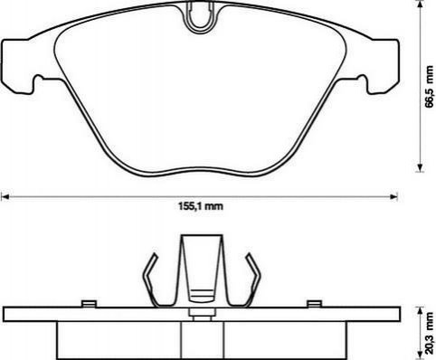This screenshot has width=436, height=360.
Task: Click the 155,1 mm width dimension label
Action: [x=201, y=206]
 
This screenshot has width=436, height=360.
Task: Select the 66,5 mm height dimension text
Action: [x=430, y=86]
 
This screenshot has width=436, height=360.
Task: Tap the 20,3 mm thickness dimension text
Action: [x=430, y=333]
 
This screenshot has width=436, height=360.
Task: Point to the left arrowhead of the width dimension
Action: [x=5, y=197]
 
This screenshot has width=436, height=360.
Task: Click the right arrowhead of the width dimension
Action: [x=393, y=197]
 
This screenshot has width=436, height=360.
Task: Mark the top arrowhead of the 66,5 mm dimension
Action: [x=420, y=5]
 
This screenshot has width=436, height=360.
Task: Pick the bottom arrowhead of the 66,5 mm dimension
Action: [x=420, y=167]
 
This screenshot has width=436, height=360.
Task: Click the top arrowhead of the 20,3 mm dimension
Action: [x=420, y=311]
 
